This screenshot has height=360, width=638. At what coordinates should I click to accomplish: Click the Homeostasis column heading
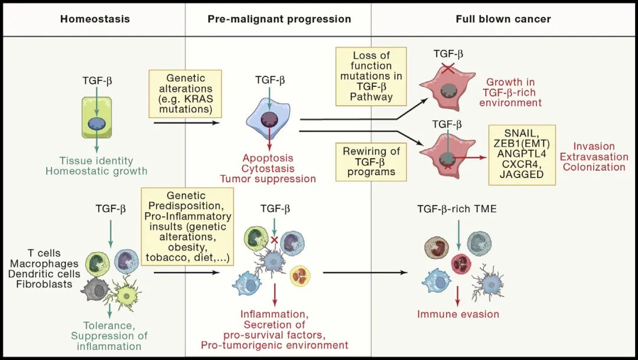click(95, 19)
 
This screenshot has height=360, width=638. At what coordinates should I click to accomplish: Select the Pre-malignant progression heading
click(279, 19)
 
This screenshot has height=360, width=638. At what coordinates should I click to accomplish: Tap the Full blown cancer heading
click(503, 19)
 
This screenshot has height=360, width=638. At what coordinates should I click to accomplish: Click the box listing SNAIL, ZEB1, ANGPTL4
click(522, 154)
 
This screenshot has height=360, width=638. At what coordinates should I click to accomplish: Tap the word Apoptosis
click(268, 158)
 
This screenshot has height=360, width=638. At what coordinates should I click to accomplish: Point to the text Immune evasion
click(458, 314)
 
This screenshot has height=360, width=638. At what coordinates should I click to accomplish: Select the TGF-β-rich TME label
click(457, 209)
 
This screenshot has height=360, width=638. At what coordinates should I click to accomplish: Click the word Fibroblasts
click(45, 284)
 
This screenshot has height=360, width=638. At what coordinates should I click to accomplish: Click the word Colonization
click(594, 167)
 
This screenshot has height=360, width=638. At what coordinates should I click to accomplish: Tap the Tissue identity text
click(96, 161)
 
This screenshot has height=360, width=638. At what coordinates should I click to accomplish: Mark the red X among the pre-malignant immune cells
click(274, 241)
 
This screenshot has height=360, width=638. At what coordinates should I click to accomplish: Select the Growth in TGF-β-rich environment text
click(513, 92)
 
